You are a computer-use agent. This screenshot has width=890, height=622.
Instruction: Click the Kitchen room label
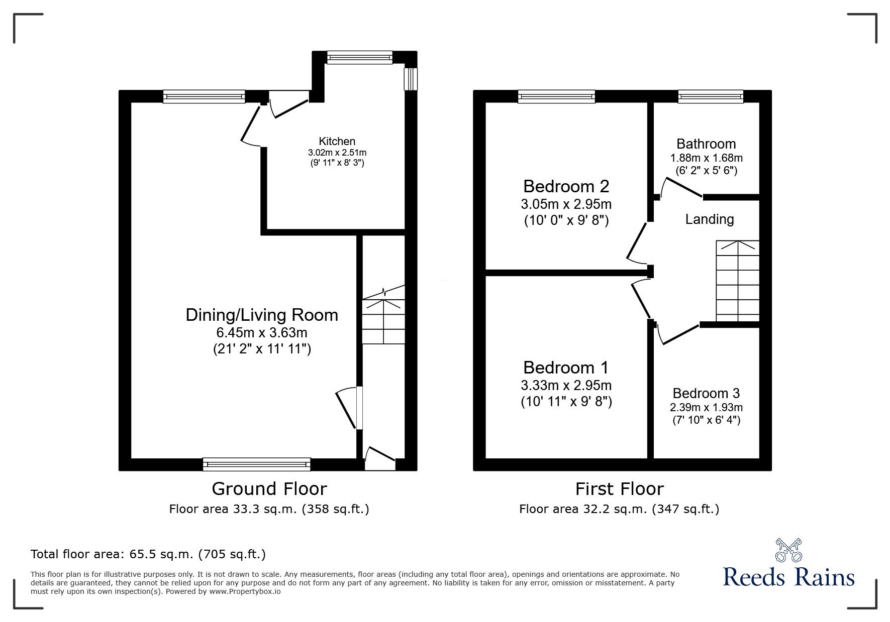[x=337, y=142]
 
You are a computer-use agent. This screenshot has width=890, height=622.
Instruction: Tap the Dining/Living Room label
[x=262, y=315]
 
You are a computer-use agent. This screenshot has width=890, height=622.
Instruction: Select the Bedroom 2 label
[x=566, y=186]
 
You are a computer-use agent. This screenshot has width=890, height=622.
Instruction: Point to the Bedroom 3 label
[x=706, y=393]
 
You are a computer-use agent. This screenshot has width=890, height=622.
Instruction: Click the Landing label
[x=709, y=219]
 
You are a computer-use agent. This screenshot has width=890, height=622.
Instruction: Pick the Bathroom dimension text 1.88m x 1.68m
[x=706, y=158]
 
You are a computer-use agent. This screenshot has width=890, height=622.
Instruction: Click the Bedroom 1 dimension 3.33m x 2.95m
[x=566, y=386]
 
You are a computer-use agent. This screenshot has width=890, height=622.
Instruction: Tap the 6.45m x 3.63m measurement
[x=262, y=332]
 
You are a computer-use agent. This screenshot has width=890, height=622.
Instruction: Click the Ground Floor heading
[x=269, y=488]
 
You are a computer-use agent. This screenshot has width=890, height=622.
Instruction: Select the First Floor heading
[x=619, y=488]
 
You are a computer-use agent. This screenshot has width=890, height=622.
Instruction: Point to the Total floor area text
[x=148, y=554]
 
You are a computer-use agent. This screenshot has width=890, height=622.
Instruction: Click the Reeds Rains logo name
[x=788, y=577]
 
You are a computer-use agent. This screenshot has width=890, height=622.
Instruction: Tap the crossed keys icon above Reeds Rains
[x=788, y=549]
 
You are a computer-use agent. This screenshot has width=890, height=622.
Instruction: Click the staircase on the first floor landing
[x=737, y=281]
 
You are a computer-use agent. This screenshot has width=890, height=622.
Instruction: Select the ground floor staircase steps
[x=383, y=321]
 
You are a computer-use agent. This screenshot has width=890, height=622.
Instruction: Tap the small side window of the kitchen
[x=411, y=79]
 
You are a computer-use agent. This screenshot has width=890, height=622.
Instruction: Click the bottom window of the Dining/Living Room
[x=256, y=464]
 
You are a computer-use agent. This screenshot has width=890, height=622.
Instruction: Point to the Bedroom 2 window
[x=556, y=96]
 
